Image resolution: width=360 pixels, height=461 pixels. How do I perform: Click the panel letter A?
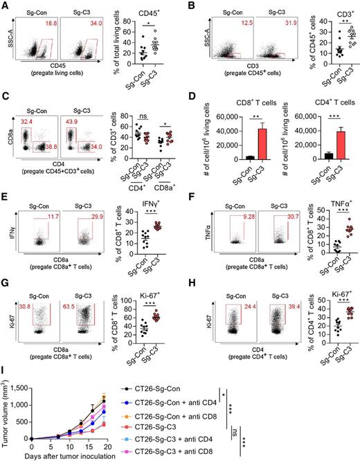pos(6,6)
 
